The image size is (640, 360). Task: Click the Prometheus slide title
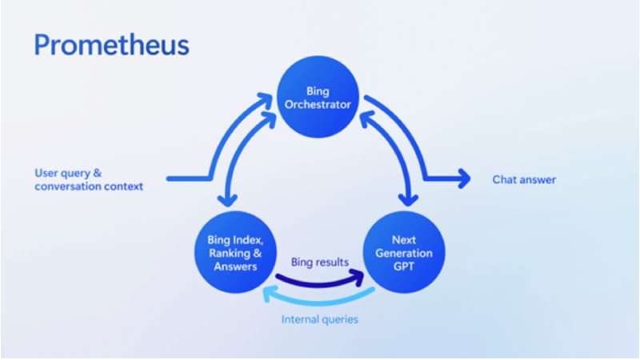pos(111,45)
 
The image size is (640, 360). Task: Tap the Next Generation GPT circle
pos(402,253)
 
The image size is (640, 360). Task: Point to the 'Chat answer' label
pos(523,180)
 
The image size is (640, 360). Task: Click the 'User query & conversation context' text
pos(88,180)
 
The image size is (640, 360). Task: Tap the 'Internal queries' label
pos(319,319)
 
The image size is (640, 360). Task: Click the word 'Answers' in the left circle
pos(230,266)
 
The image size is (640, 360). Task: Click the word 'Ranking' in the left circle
pos(225,254)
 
